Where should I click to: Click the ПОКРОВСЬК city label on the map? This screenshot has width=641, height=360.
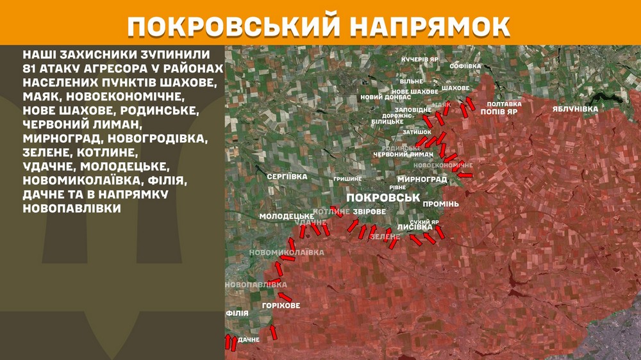tap(381, 198)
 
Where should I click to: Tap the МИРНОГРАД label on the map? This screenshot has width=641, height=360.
tap(422, 179)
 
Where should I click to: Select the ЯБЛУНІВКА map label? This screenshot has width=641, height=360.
tap(575, 109)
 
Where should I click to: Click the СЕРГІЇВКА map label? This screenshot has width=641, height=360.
tap(287, 176)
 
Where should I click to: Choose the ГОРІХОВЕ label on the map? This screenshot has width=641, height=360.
tap(281, 306)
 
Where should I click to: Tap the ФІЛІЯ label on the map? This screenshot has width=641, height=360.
tap(233, 314)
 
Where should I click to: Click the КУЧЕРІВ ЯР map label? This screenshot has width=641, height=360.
tap(420, 60)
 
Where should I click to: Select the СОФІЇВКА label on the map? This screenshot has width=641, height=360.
tap(465, 66)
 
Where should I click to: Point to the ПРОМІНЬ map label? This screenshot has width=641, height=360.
tap(440, 204)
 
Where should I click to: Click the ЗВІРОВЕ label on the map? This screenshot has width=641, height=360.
tap(369, 211)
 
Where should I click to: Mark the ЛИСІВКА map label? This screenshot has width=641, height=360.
tap(415, 227)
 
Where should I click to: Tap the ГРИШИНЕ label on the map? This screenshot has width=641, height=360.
tap(347, 179)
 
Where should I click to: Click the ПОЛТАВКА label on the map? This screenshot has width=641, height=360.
tap(504, 104)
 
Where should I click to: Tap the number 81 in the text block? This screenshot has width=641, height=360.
tap(31, 69)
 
